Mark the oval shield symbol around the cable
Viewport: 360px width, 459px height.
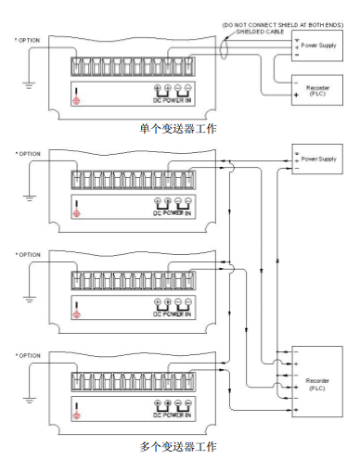click(x=225, y=47)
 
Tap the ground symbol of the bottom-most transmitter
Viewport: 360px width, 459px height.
click(x=29, y=401)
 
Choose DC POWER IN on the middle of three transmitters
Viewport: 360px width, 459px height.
click(x=172, y=313)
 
